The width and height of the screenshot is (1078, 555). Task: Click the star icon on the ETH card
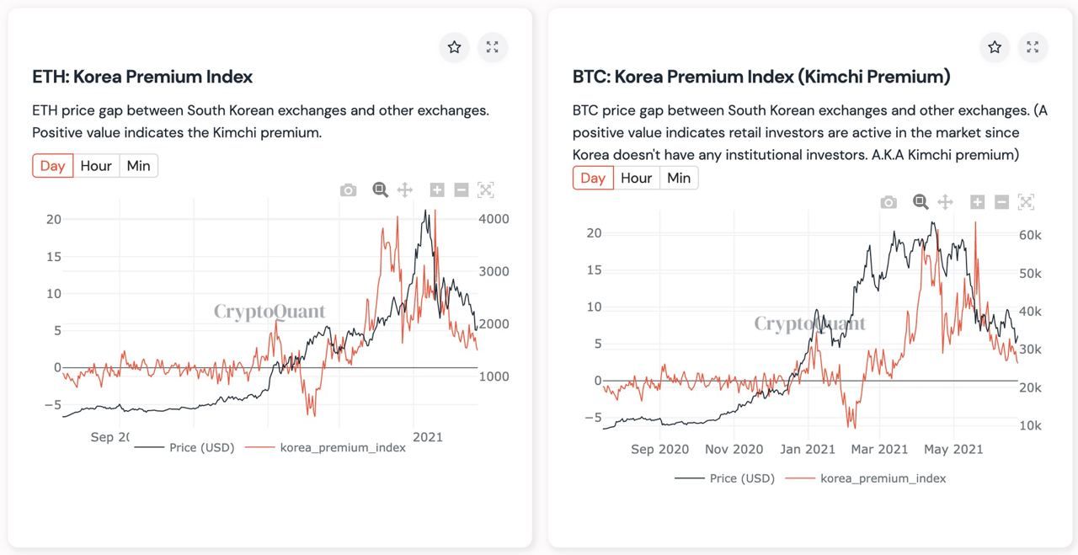454,47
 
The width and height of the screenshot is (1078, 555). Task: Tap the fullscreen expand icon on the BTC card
1033,47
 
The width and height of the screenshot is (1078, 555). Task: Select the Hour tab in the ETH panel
96,166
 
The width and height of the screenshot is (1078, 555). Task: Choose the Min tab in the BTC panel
679,178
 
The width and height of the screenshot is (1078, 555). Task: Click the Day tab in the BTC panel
593,178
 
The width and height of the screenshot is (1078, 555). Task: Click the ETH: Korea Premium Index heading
142,77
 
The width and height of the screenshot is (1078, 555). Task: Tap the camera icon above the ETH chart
348,190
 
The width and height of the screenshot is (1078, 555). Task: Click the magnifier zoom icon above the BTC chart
921,202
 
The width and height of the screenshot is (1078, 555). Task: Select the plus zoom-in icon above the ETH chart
436,190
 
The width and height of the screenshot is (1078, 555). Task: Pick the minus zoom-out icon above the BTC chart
1001,202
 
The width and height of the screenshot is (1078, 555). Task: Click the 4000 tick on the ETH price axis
494,219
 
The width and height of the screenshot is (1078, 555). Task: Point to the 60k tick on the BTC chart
1030,236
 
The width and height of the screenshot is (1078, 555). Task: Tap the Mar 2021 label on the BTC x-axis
880,449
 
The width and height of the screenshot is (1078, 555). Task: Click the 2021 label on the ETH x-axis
428,436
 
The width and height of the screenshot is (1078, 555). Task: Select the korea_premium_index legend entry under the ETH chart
343,448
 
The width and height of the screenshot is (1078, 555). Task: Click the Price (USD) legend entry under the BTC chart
741,478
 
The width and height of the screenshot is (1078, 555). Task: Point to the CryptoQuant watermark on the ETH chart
269,312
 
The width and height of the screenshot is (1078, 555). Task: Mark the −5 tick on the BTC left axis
593,418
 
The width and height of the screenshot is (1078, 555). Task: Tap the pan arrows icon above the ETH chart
404,190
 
